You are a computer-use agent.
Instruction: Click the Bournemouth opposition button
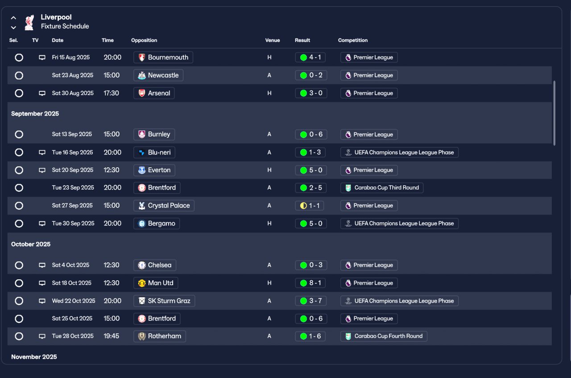(163, 58)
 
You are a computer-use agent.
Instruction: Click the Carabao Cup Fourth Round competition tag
(384, 336)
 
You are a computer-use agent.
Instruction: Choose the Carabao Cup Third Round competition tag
(382, 188)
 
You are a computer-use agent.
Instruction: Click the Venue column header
(273, 40)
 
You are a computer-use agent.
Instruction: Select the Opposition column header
(144, 40)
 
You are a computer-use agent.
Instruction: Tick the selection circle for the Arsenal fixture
(19, 93)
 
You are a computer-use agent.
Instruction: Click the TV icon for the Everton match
(42, 170)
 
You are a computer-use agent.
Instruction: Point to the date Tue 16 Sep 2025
(72, 152)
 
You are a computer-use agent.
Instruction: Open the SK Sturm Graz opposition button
(164, 301)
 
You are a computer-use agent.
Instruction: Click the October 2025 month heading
(31, 244)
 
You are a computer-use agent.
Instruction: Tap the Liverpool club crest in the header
(29, 22)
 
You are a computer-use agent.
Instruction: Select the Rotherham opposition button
(160, 336)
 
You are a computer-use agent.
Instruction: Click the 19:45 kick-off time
(112, 336)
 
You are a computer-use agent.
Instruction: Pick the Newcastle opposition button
(158, 75)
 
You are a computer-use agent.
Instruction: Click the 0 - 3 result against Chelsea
(311, 265)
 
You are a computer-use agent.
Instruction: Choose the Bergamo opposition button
(157, 224)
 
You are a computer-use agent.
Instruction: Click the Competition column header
(353, 40)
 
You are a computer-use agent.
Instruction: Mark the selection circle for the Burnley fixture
(19, 134)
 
